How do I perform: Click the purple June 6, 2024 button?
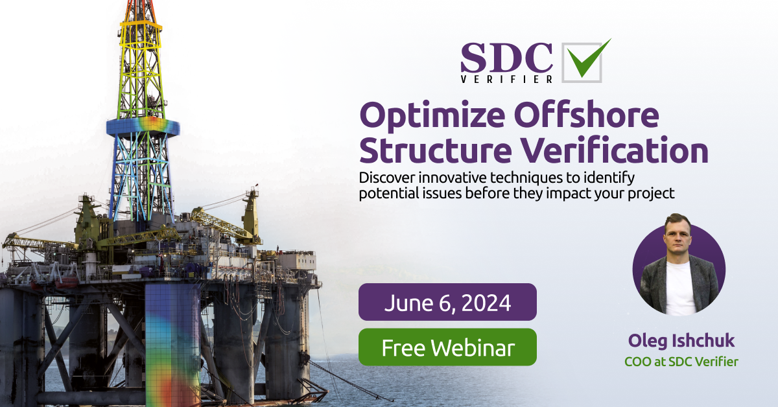(447, 302)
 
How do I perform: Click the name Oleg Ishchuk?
(680, 342)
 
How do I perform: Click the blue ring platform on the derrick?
(143, 126)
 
